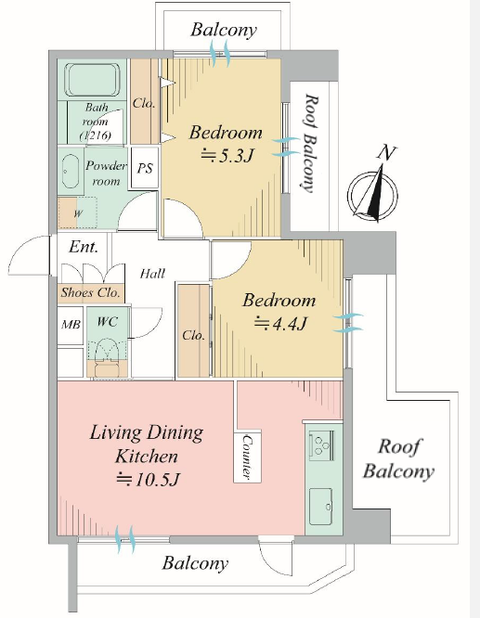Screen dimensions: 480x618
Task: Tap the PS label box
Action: point(145,168)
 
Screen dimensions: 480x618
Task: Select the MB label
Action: point(71,325)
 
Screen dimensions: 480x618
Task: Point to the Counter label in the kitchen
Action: point(248,457)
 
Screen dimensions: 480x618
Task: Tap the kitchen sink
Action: point(320,507)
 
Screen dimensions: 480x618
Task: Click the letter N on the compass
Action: point(386,152)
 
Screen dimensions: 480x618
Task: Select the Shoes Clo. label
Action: point(90,292)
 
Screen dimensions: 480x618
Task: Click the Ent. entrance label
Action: point(84,247)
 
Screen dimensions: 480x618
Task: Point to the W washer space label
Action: point(78,213)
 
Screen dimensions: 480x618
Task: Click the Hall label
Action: point(152,273)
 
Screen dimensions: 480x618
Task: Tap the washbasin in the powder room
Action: point(71,172)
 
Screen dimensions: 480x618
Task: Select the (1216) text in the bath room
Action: point(96,135)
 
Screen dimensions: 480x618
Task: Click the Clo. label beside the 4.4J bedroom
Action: point(193,335)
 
